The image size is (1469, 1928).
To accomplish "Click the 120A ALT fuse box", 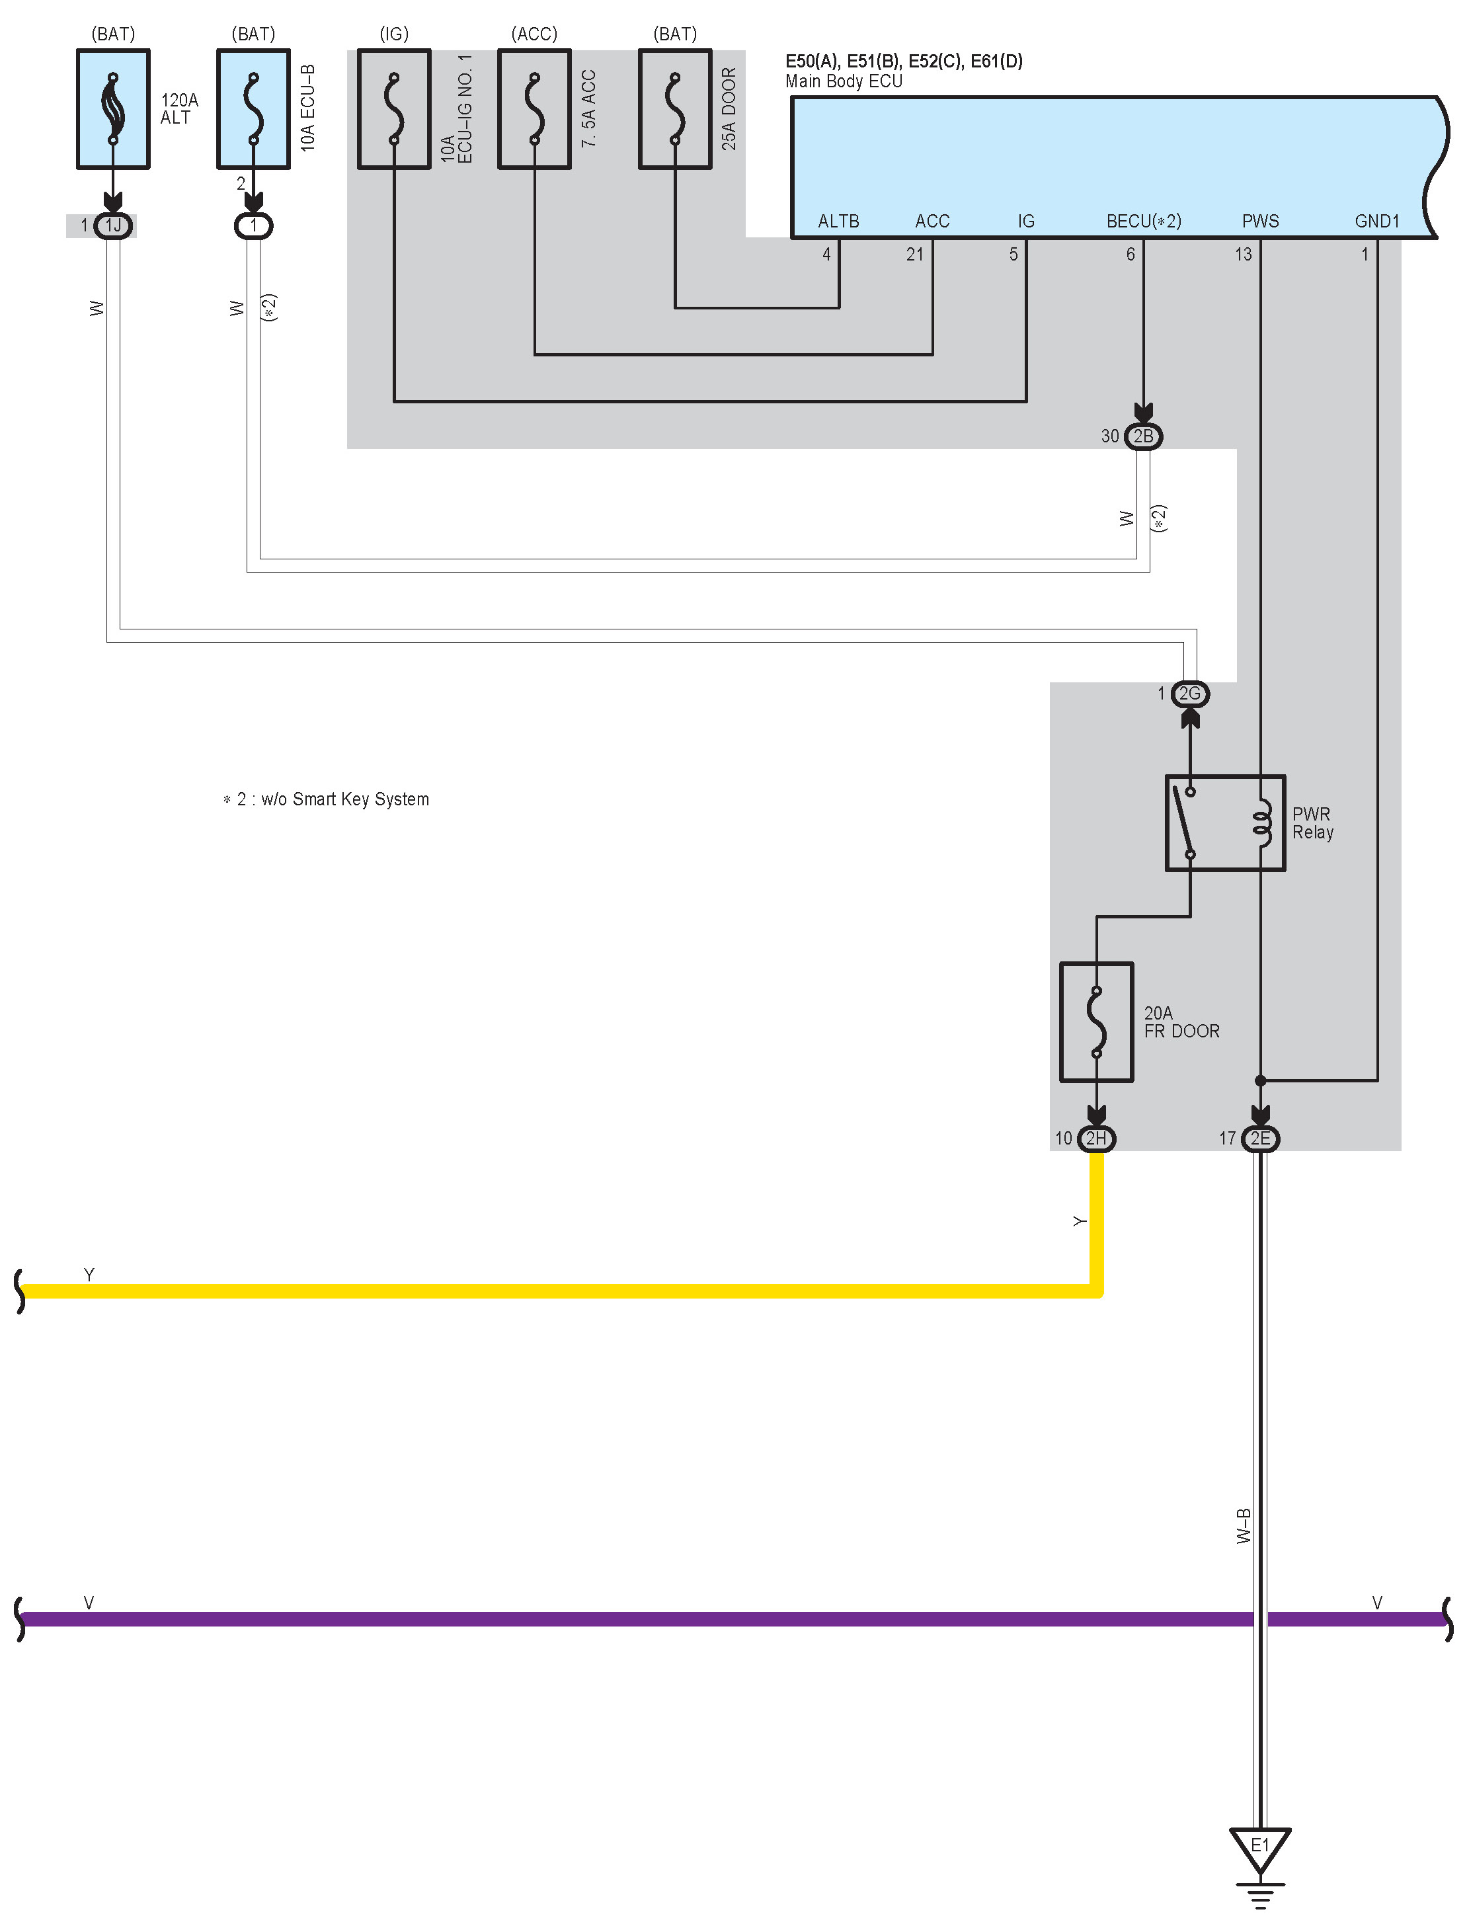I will pyautogui.click(x=113, y=108).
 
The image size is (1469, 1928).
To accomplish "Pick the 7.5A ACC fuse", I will pyautogui.click(x=534, y=108).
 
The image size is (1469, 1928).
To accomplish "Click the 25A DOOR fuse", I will pyautogui.click(x=674, y=108).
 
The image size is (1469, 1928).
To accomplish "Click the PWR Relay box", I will pyautogui.click(x=1224, y=822).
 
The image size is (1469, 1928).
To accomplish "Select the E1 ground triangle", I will pyautogui.click(x=1259, y=1847).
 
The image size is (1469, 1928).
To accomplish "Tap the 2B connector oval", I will pyautogui.click(x=1143, y=436).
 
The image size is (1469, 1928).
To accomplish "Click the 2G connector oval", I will pyautogui.click(x=1189, y=694).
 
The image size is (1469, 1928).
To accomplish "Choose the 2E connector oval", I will pyautogui.click(x=1259, y=1138).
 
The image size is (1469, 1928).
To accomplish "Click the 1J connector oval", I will pyautogui.click(x=113, y=225).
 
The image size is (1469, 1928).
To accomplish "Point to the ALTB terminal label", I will pyautogui.click(x=838, y=221).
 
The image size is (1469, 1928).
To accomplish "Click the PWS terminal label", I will pyautogui.click(x=1260, y=221).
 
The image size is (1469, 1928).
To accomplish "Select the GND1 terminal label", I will pyautogui.click(x=1376, y=221).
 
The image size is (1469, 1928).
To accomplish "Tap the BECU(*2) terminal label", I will pyautogui.click(x=1143, y=221).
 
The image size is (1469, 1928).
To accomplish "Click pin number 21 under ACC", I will pyautogui.click(x=914, y=255).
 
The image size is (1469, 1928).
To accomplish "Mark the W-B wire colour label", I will pyautogui.click(x=1244, y=1526).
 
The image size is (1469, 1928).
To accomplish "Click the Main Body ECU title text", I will pyautogui.click(x=843, y=81).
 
